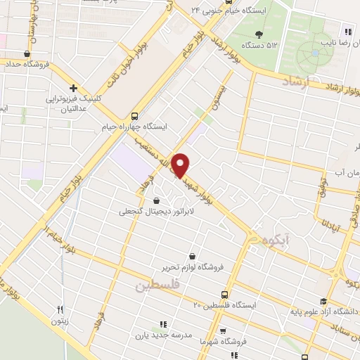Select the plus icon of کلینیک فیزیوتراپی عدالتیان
[73, 89]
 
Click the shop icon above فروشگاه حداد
[27, 53]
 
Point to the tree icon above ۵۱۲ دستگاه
[259, 34]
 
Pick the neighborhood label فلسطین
[156, 286]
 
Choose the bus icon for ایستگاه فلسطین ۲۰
[224, 295]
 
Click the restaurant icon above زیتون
[60, 309]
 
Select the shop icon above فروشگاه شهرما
[222, 330]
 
